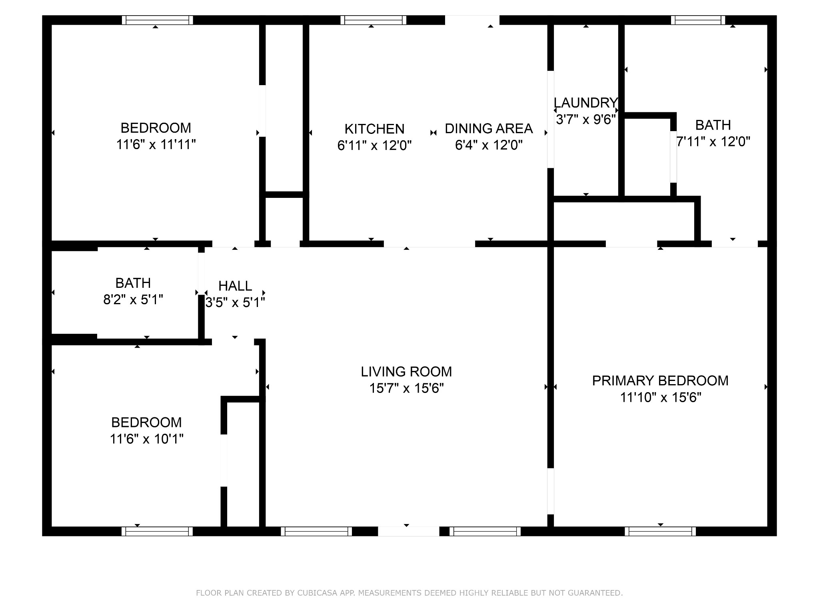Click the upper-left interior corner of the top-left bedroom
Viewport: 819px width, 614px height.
52,25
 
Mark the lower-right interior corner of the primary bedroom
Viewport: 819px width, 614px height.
767,526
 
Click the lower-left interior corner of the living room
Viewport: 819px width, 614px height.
266,526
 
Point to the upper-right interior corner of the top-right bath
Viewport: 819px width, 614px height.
767,25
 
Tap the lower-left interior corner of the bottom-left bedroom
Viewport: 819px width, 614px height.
52,526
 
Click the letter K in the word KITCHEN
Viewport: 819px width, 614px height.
348,129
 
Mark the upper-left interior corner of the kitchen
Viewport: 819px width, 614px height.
309,25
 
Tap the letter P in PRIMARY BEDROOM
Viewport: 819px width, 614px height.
596,381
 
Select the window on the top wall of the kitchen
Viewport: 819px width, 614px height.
374,20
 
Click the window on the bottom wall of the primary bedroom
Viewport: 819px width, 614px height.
660,531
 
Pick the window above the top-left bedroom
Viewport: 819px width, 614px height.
157,20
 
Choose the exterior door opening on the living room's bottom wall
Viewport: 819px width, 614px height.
408,531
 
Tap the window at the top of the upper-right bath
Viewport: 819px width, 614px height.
698,20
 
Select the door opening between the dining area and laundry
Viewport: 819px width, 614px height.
551,119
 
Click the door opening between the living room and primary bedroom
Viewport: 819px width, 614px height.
551,491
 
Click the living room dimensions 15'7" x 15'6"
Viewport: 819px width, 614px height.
407,388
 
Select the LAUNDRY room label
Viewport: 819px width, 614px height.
586,103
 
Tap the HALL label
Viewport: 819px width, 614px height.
235,286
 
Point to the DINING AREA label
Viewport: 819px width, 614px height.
489,128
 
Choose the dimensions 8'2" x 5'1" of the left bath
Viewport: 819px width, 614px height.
133,299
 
